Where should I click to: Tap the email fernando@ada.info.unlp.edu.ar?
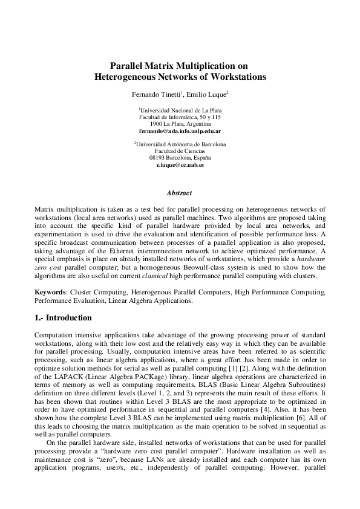coord(180,130)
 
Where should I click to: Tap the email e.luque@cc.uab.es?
coord(180,164)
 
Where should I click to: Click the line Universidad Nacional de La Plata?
coord(180,110)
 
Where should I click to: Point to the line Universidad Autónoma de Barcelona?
coord(180,144)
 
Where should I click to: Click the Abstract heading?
coord(180,193)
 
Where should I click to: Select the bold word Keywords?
coord(50,292)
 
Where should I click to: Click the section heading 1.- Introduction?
coord(63,318)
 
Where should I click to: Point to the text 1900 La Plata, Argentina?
coord(180,123)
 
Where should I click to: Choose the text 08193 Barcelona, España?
coord(180,158)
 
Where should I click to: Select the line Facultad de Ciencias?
coord(180,151)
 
